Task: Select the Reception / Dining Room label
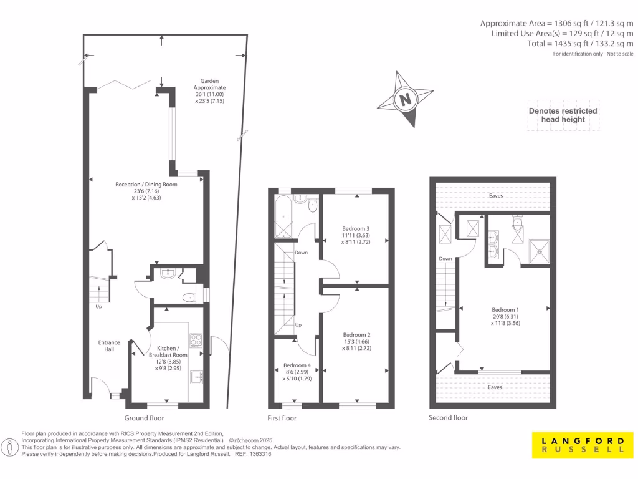click(x=146, y=191)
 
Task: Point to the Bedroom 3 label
click(x=356, y=235)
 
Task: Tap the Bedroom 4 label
click(x=297, y=372)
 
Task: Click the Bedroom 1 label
click(x=505, y=316)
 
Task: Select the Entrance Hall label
click(x=109, y=346)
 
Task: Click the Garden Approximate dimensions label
click(x=209, y=90)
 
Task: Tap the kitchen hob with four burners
click(x=196, y=340)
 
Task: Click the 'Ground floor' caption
click(x=145, y=418)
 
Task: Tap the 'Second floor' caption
click(x=449, y=418)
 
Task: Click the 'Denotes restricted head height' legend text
click(x=563, y=115)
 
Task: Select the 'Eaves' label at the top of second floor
click(x=496, y=195)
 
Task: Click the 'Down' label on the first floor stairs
click(x=301, y=253)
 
